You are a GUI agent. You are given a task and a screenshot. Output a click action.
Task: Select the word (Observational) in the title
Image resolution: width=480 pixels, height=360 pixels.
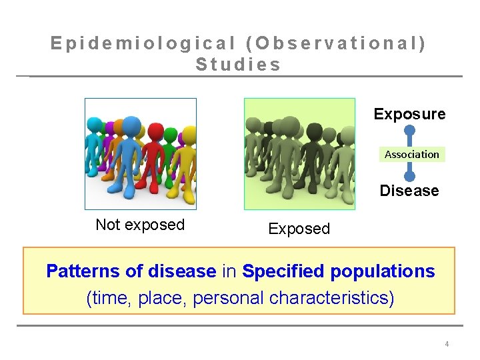click(336, 43)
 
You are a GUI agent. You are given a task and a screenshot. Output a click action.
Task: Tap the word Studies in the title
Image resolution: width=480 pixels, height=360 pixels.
click(239, 65)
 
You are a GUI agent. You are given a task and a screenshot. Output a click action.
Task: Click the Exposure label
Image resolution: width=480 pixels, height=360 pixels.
click(409, 114)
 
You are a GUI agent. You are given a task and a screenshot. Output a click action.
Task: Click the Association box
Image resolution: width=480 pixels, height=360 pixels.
click(412, 154)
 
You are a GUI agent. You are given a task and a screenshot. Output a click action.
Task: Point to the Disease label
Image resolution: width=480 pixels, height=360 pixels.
click(409, 191)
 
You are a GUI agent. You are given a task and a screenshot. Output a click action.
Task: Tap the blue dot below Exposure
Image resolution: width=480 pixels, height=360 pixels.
click(410, 131)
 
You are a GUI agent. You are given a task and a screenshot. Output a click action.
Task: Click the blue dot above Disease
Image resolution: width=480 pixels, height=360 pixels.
click(410, 176)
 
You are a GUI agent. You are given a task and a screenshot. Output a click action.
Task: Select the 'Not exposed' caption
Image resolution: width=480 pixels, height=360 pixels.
click(140, 225)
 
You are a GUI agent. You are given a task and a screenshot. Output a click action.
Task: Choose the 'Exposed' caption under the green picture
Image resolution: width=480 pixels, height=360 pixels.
click(299, 229)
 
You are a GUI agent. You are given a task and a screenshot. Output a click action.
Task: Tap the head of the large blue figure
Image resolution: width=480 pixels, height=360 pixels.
click(131, 126)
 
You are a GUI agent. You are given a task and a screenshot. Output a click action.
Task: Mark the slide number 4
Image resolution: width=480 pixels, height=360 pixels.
click(447, 344)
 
